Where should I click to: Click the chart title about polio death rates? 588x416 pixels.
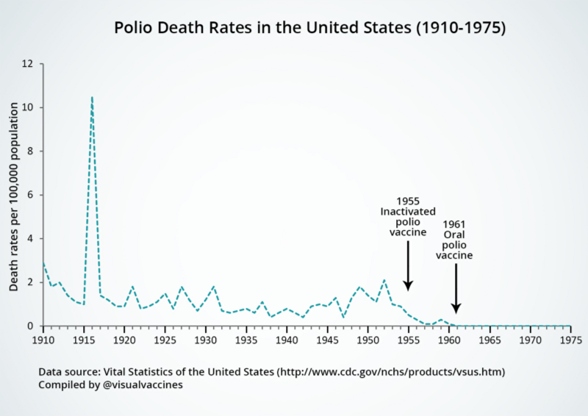(x=309, y=29)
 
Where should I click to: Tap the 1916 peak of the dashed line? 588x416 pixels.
(x=92, y=97)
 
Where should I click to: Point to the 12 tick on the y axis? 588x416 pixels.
(x=29, y=64)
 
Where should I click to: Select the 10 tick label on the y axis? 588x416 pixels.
(x=29, y=107)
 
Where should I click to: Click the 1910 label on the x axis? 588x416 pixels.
(x=43, y=340)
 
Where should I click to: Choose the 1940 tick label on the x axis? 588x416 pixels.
(x=287, y=340)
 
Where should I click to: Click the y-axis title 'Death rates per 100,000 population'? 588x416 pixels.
(x=14, y=195)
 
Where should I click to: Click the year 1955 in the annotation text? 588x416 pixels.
(x=408, y=201)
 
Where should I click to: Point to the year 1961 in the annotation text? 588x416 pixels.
(x=454, y=224)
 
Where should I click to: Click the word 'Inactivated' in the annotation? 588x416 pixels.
(x=408, y=212)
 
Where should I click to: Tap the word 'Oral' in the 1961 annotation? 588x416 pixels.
(x=454, y=234)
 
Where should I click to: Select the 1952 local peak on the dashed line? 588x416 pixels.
(x=384, y=280)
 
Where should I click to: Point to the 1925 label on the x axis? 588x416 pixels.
(x=165, y=340)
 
